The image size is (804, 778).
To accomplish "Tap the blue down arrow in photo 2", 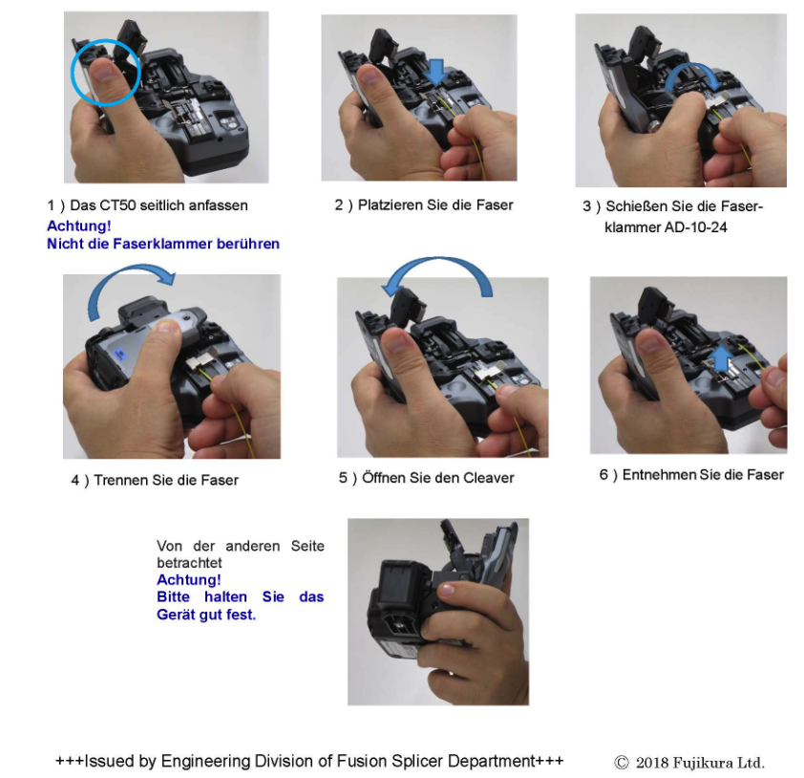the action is pos(436,72).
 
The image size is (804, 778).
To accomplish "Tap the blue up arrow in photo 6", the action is pos(723,357).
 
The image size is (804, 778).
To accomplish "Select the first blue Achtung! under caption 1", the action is pos(79,226).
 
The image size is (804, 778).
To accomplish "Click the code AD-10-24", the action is pos(696,227).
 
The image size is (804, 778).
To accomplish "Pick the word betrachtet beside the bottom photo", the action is pos(189,563).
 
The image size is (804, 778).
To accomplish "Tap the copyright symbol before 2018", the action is pos(622,763).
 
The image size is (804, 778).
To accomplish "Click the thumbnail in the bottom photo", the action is pos(447,589).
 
